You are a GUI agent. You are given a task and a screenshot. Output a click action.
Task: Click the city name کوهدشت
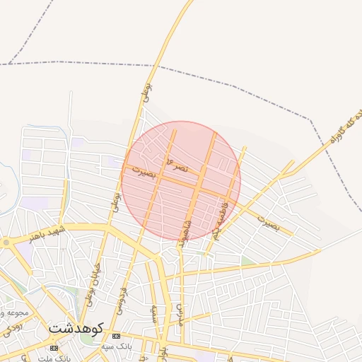77,329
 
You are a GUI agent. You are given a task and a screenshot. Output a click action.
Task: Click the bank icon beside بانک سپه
116,335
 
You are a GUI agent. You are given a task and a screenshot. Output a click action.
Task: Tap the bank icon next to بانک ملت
54,348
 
